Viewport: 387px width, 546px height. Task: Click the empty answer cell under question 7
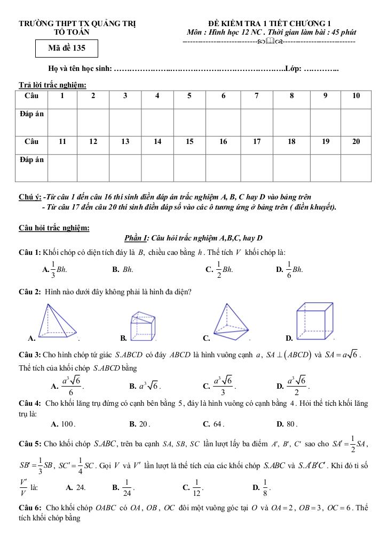tap(257, 118)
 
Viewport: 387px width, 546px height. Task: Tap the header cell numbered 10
tap(357, 96)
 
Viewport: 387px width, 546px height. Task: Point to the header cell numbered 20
tap(357, 141)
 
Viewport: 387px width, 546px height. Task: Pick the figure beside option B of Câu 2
tap(141, 325)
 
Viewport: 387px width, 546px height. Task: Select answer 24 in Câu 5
tap(81, 487)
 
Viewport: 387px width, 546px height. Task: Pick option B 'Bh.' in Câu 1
tap(128, 270)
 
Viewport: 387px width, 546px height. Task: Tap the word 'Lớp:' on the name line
tap(294, 68)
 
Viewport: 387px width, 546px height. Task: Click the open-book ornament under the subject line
tap(270, 41)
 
